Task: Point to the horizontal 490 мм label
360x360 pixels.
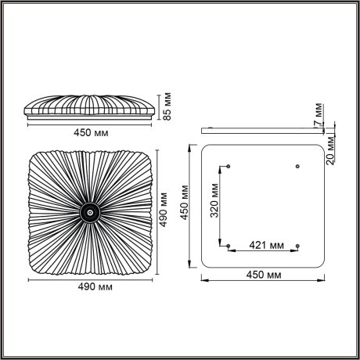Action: point(92,287)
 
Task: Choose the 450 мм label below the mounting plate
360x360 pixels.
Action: point(263,275)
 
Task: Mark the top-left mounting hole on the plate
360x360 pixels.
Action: point(228,166)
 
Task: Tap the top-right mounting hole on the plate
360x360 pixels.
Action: point(297,166)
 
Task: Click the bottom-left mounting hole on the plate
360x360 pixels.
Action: point(228,246)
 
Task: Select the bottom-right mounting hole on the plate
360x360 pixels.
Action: point(297,246)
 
